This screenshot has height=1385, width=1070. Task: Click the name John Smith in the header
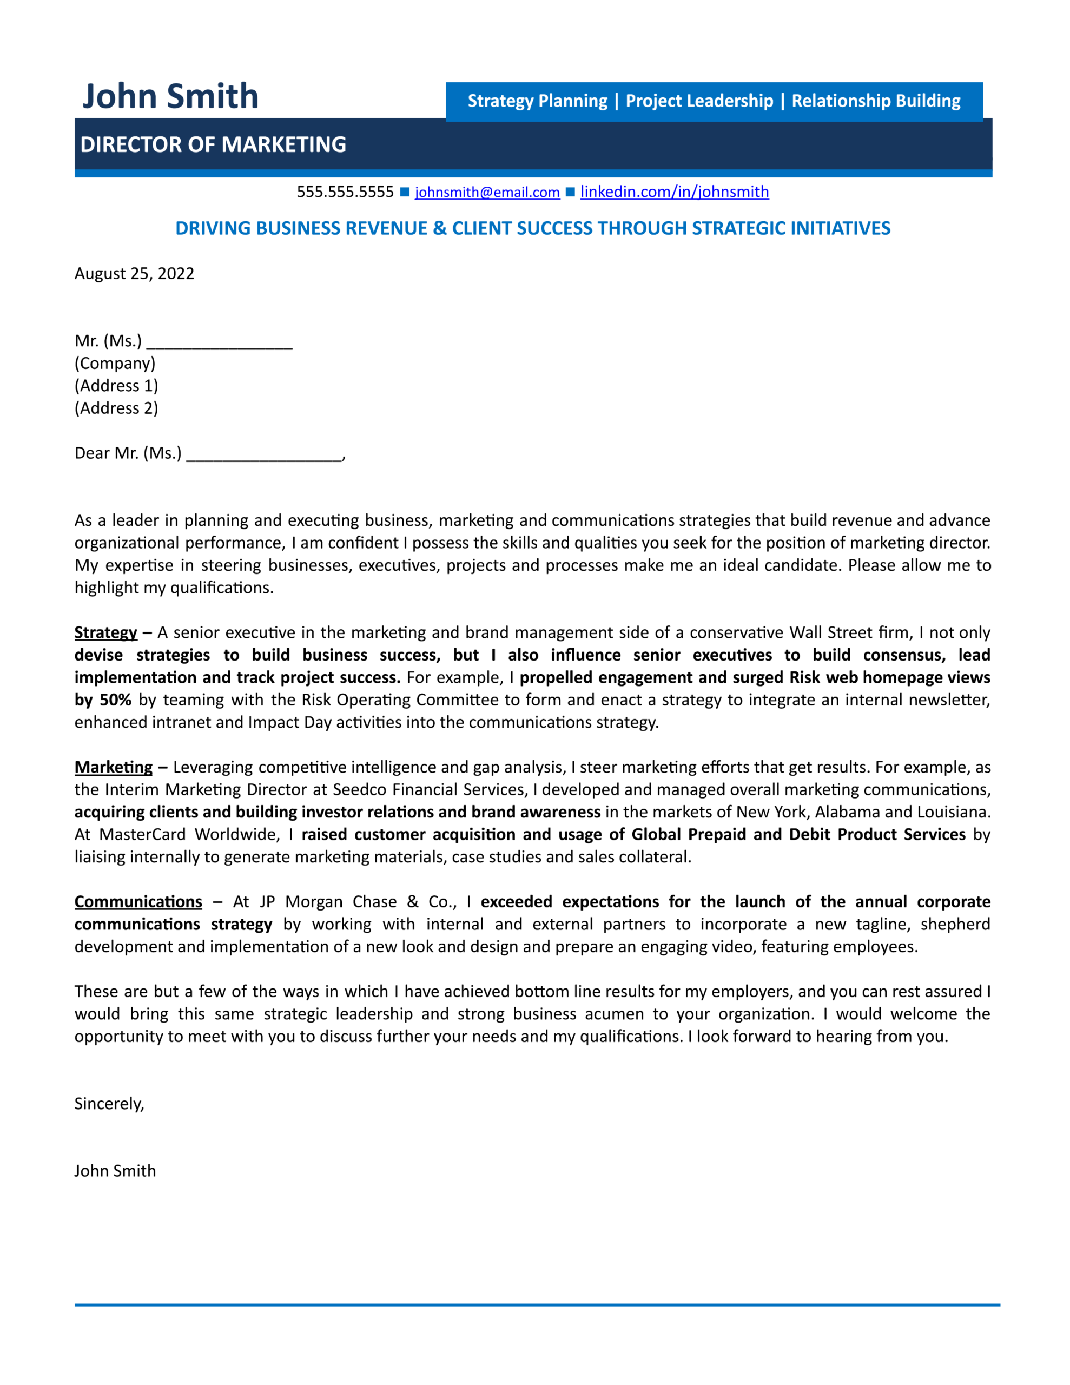point(170,96)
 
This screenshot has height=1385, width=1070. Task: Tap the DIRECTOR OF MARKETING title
point(213,144)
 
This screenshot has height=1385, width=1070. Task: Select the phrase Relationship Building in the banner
point(875,101)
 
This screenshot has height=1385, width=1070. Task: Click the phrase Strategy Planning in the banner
point(537,101)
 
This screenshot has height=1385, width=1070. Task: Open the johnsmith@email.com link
point(487,192)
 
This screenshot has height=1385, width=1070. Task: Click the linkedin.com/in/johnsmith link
point(674,192)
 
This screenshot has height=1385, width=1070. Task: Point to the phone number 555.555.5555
point(345,192)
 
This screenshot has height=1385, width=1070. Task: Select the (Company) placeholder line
point(115,364)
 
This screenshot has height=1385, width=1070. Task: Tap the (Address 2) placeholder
point(116,408)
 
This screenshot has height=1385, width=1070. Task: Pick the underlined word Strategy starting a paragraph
point(105,632)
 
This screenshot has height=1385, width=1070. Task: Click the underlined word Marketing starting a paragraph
point(114,767)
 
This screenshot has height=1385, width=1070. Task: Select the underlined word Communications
point(138,901)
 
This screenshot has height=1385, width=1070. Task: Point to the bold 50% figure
point(115,700)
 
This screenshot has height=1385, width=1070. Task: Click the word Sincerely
point(109,1104)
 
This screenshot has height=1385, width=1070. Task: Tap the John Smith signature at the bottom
point(115,1171)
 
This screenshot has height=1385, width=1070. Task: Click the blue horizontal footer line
point(537,1304)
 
